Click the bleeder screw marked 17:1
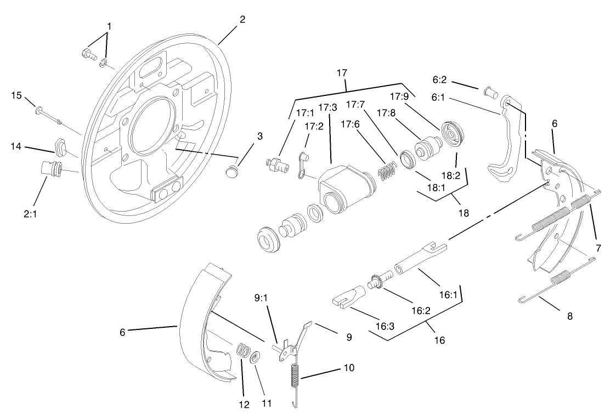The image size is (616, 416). click(276, 165)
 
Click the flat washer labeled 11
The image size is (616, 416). click(255, 358)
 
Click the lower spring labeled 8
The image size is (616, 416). click(554, 288)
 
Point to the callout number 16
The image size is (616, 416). click(439, 340)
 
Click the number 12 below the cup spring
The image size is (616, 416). click(244, 404)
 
